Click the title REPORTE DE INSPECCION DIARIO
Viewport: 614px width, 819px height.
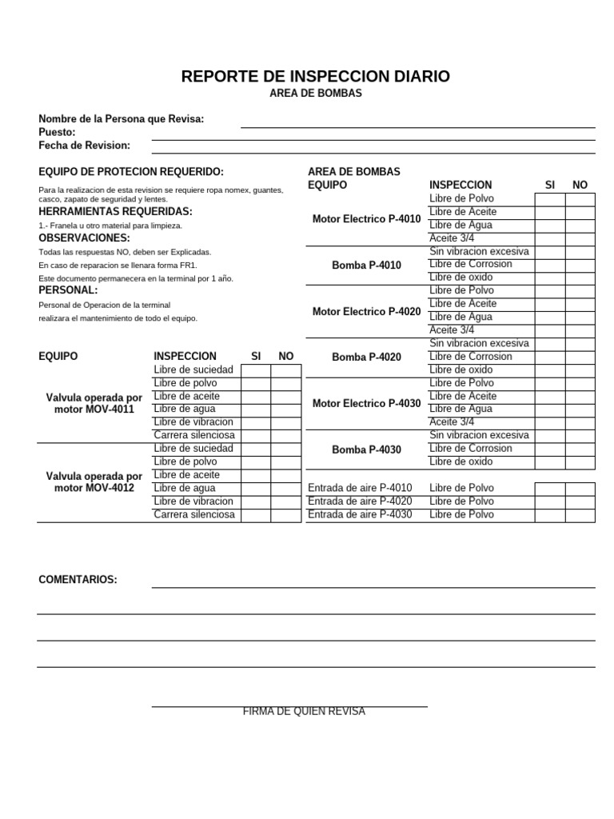(315, 77)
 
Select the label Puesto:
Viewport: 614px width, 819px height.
(57, 132)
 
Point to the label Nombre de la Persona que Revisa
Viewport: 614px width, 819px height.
(122, 118)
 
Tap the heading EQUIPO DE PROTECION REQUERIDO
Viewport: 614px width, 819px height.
(131, 172)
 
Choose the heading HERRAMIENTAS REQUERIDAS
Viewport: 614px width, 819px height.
(115, 211)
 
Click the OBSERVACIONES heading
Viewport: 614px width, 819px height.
(84, 238)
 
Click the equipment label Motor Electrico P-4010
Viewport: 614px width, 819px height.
(366, 218)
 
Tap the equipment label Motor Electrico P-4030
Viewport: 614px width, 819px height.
(366, 403)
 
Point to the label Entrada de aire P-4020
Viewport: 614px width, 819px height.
(360, 501)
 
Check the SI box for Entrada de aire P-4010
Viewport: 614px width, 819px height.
(549, 489)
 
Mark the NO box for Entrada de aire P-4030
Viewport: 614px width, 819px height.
(580, 514)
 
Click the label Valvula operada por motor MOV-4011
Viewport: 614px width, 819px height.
(94, 403)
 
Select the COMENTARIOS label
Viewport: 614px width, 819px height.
(78, 579)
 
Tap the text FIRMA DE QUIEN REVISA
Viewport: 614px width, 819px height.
(304, 712)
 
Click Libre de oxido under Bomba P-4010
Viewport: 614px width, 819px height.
(460, 277)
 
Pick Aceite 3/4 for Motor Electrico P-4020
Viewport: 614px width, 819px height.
(451, 330)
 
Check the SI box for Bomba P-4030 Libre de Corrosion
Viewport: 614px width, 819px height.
(549, 449)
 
